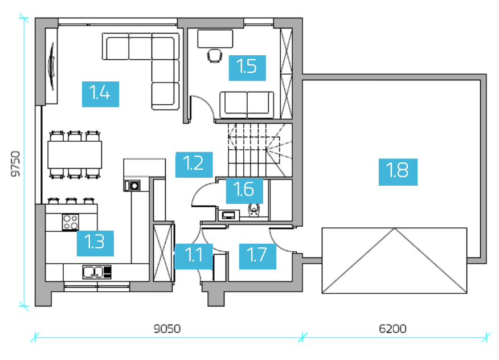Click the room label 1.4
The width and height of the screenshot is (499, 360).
[101, 94]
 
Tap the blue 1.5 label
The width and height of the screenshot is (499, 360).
[247, 68]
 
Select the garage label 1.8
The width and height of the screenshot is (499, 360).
[398, 172]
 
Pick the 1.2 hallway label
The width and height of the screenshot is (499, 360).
[194, 165]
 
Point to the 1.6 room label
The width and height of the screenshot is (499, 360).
[244, 191]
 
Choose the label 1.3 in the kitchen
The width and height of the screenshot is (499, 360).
[95, 243]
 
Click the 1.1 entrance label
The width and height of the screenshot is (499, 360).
[194, 256]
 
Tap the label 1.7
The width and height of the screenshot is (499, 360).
[257, 256]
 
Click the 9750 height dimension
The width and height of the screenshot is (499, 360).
[15, 163]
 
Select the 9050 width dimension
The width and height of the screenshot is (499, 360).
[167, 329]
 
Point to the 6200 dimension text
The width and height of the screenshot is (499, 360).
[392, 329]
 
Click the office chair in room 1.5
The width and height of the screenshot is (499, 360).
[215, 56]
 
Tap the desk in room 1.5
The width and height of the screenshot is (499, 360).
[215, 39]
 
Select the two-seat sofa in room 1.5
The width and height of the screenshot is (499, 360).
[247, 105]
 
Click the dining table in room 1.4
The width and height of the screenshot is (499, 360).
[75, 155]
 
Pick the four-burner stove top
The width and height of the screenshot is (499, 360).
[70, 222]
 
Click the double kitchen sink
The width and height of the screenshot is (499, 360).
[97, 272]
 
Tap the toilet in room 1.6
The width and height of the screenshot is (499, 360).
[253, 210]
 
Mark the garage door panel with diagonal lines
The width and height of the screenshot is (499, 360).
[394, 260]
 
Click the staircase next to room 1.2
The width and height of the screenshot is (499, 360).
[260, 150]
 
